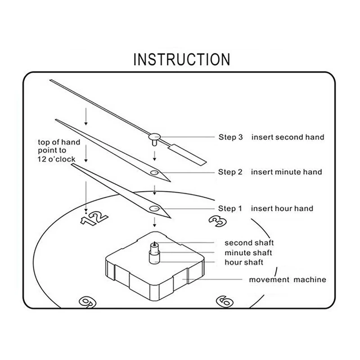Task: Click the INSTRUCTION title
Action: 182,59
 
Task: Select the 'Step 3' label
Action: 230,137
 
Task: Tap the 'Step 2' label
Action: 230,172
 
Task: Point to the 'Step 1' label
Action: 230,208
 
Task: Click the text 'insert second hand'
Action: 287,137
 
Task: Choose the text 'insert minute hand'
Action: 286,172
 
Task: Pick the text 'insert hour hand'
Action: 282,208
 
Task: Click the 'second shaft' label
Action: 249,243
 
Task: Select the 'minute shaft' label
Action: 248,253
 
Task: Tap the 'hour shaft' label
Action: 244,262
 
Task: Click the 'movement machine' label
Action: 288,280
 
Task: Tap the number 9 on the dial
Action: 86,301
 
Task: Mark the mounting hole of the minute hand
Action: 154,172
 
